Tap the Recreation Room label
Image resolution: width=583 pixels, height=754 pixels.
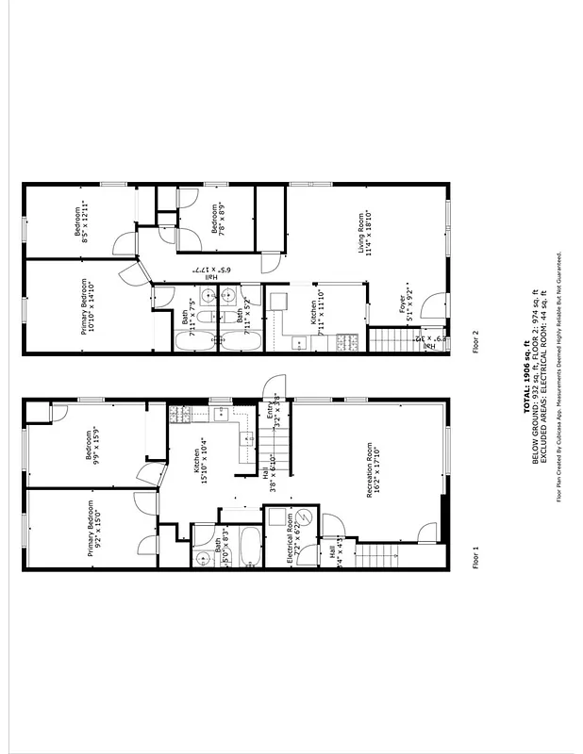[x=377, y=469]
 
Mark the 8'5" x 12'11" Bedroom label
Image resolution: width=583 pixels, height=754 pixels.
[x=90, y=222]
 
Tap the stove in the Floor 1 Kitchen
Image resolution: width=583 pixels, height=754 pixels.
[x=180, y=413]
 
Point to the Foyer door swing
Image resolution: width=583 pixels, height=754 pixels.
[x=434, y=307]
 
